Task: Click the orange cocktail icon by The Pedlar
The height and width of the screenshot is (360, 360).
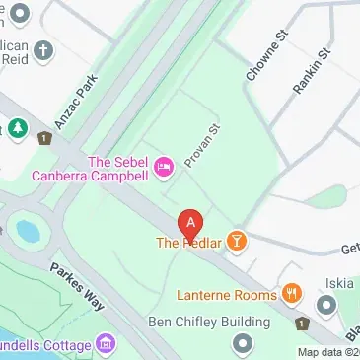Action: pos(237,242)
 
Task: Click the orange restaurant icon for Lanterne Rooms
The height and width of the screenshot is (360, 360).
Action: pos(291,294)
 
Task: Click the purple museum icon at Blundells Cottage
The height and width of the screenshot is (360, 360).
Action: pos(106,345)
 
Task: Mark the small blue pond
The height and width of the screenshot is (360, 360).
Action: pos(27,232)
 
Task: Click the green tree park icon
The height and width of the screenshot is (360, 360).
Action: pos(17,129)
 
